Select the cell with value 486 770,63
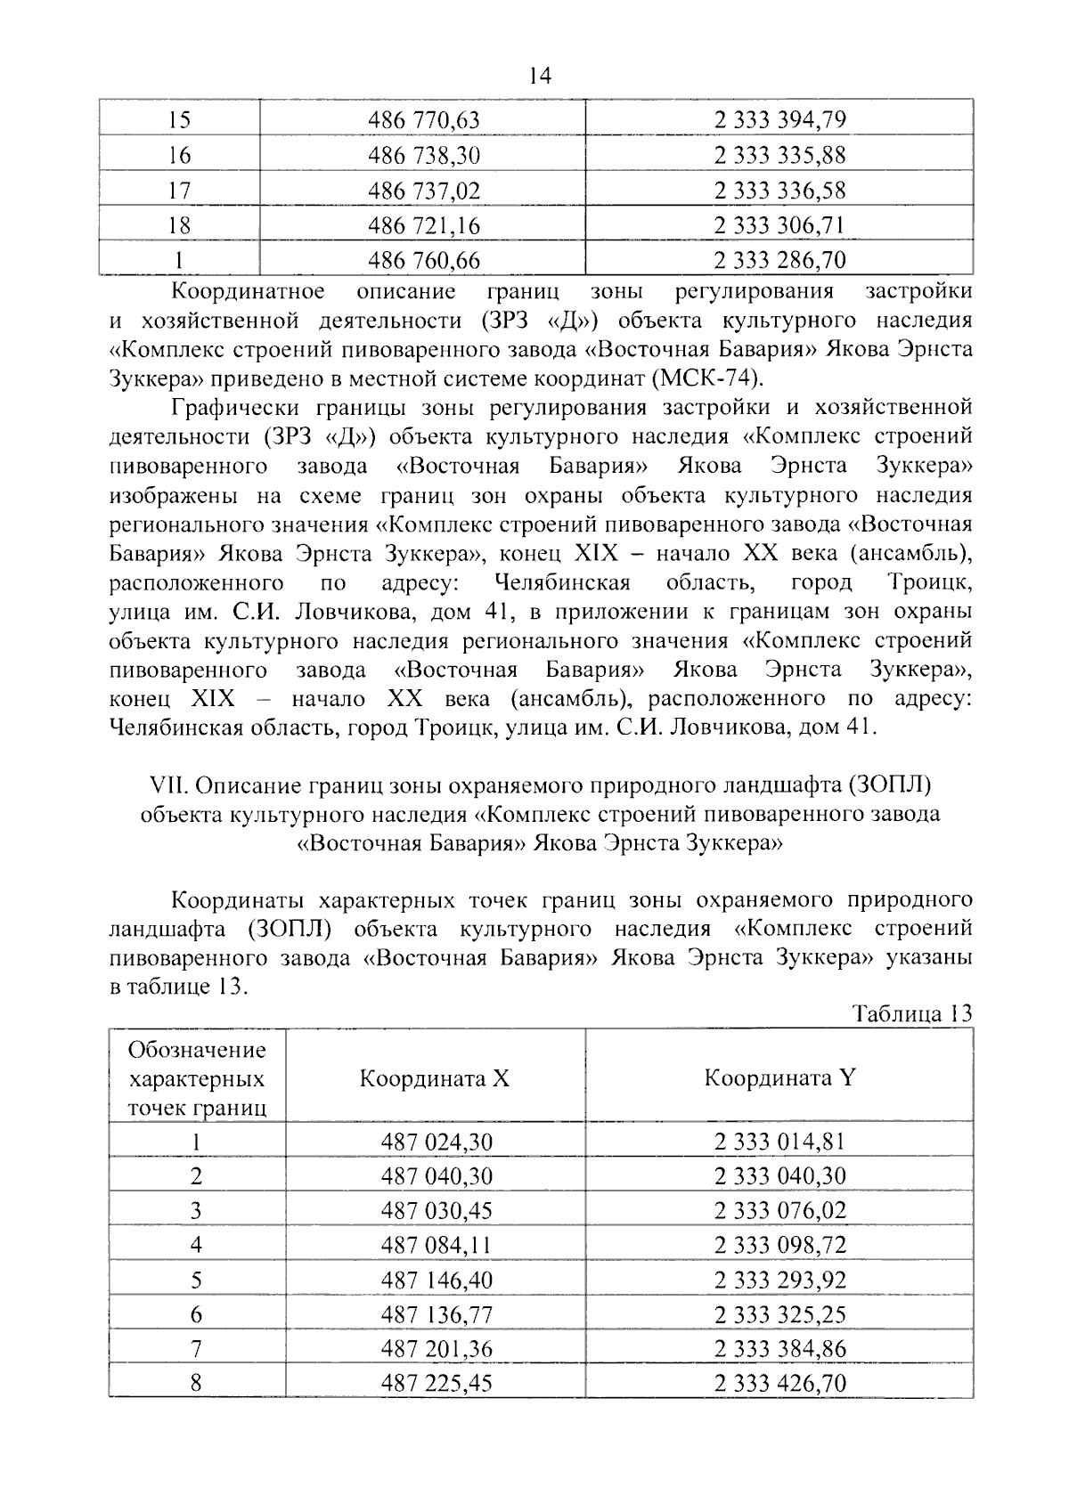click(x=424, y=120)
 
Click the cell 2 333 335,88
click(x=779, y=156)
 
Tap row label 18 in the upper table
click(x=179, y=226)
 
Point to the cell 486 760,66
click(x=424, y=261)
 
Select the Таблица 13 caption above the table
click(x=911, y=1013)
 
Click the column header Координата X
click(x=435, y=1079)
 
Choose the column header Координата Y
click(x=779, y=1078)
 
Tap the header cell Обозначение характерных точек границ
click(x=197, y=1079)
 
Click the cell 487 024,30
click(x=437, y=1142)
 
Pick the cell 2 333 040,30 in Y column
click(x=779, y=1176)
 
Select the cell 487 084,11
click(x=437, y=1246)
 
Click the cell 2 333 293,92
click(x=779, y=1280)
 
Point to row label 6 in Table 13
click(x=197, y=1315)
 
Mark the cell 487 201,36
click(x=437, y=1350)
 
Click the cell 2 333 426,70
click(x=779, y=1384)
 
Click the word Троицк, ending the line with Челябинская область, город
click(x=928, y=583)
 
